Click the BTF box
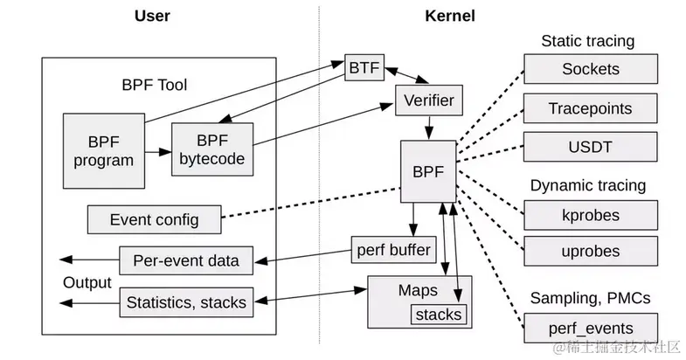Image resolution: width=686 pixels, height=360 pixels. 361,67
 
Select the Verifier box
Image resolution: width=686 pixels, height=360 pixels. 428,100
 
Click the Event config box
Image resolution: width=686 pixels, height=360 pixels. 154,218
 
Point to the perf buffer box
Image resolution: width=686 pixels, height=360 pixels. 392,251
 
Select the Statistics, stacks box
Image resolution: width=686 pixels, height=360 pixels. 185,302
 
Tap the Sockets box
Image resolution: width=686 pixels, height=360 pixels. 590,69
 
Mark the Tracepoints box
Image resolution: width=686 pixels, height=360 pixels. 590,109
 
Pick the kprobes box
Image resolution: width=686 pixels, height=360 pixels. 590,214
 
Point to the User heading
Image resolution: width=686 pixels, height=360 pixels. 153,16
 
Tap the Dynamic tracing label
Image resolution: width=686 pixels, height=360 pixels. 588,185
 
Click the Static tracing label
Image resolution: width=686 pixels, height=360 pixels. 587,41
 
